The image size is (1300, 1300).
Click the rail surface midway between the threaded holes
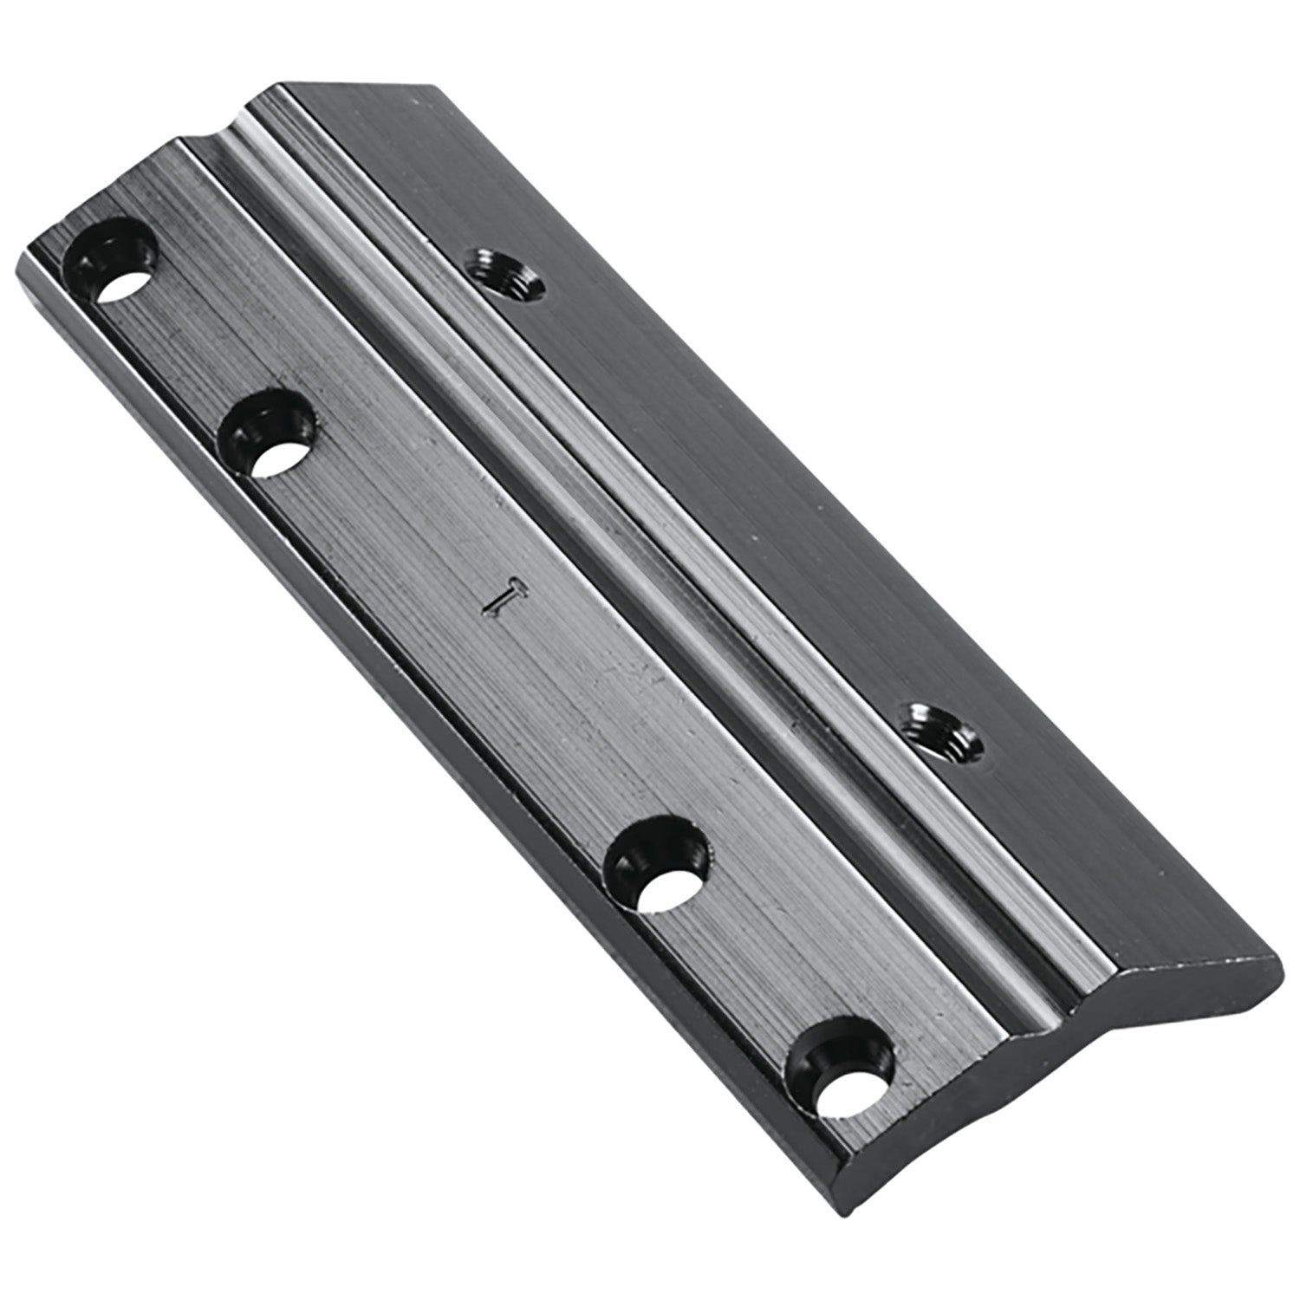coord(719,503)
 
